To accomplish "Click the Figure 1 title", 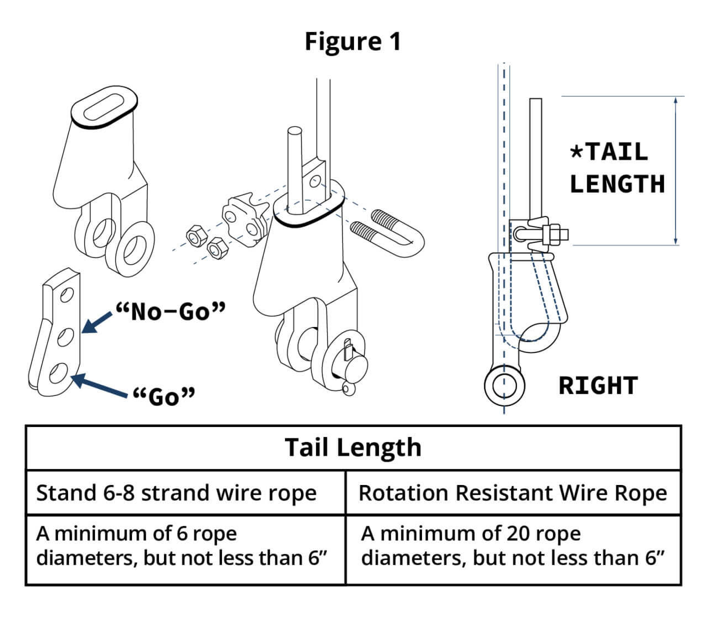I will click(x=352, y=41).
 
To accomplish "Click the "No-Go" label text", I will click(x=171, y=312).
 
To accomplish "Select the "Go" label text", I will click(x=165, y=395).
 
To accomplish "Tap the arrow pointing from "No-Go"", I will click(x=97, y=324).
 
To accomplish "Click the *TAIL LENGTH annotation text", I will click(x=617, y=168).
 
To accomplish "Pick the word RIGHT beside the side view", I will click(x=598, y=386).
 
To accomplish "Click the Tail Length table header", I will click(x=353, y=447).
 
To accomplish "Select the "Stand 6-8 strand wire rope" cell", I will click(x=177, y=493).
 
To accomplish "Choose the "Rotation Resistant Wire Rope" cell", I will click(x=513, y=493).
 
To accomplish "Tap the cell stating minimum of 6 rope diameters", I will click(x=182, y=546).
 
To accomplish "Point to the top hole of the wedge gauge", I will click(x=66, y=295).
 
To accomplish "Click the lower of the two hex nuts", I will click(x=216, y=250).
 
